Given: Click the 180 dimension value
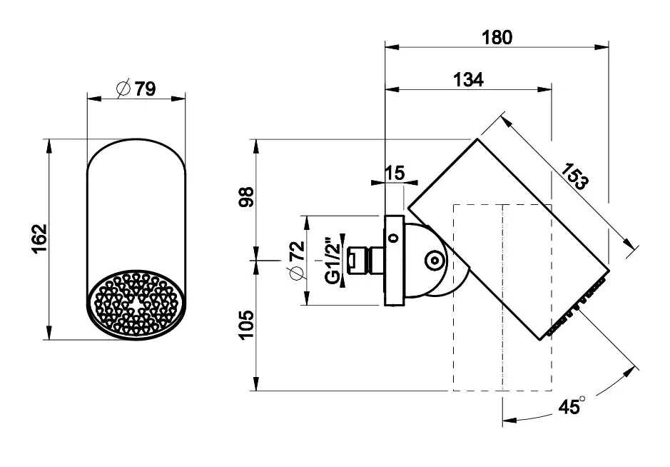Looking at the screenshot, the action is [x=497, y=37].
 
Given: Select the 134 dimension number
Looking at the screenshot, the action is [x=468, y=79].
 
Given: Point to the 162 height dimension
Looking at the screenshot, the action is [x=40, y=238].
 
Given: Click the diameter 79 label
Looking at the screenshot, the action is [x=137, y=89].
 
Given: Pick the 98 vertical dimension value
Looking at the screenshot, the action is [x=248, y=197].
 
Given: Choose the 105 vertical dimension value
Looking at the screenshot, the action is [x=248, y=325].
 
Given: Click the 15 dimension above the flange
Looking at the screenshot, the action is [x=395, y=174].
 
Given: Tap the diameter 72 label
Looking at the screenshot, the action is [x=298, y=261].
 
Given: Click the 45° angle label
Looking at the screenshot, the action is [x=572, y=406].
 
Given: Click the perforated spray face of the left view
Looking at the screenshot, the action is [x=137, y=303].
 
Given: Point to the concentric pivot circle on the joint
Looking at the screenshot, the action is [x=435, y=261].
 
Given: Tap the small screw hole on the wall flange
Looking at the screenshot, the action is [x=394, y=237].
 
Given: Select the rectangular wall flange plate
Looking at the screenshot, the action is [x=395, y=261].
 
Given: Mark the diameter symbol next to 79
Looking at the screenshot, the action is [x=123, y=89].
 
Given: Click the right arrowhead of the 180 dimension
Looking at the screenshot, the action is [x=602, y=46].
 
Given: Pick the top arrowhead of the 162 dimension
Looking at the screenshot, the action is [x=49, y=146].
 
